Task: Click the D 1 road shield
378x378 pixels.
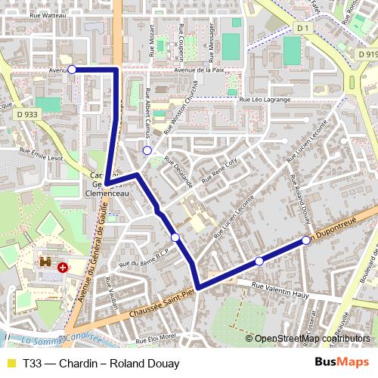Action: coord(304,28)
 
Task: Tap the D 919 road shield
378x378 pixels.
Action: coord(367,55)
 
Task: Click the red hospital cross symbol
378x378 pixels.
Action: coord(62,267)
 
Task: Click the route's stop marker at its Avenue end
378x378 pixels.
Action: coord(72,70)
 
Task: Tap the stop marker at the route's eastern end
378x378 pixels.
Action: coord(306,240)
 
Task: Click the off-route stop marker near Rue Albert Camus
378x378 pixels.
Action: coord(147,150)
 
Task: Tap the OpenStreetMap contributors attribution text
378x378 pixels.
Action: coord(313,338)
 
